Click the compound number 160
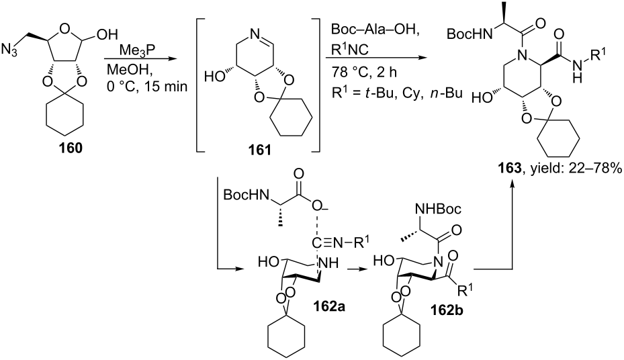click(71, 148)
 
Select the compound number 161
click(259, 150)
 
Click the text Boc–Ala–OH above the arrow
click(375, 30)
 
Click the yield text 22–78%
click(596, 169)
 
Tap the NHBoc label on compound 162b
click(438, 208)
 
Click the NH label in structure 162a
click(328, 262)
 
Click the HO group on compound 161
click(214, 76)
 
